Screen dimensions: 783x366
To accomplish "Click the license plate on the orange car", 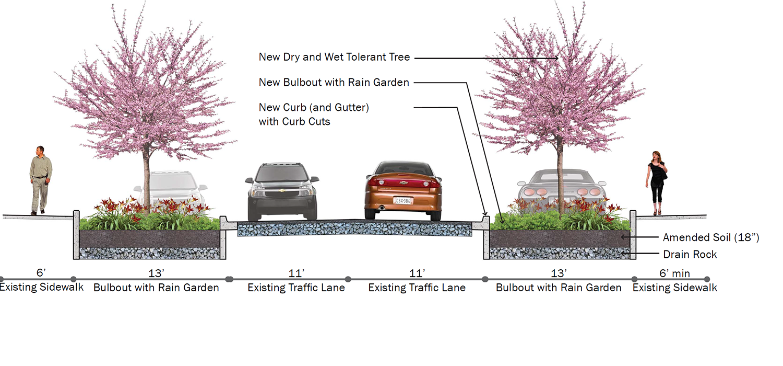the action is (404, 201).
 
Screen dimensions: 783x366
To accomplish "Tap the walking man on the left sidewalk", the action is (41, 180).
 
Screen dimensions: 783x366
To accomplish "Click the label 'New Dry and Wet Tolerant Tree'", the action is (334, 57).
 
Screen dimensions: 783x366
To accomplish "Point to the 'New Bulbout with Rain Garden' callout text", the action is (334, 82).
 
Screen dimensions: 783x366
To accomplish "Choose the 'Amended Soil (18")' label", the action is (711, 237).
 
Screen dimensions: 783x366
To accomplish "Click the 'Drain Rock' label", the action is (690, 254).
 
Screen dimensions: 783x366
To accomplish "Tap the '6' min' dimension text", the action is (674, 273).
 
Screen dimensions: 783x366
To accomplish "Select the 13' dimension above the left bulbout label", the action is (156, 273).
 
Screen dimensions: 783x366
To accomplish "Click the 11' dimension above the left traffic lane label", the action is (296, 273).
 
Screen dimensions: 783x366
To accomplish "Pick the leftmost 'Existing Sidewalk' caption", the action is (42, 287).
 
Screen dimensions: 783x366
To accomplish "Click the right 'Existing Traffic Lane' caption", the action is (417, 288).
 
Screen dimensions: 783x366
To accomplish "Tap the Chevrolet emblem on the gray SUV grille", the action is (282, 190).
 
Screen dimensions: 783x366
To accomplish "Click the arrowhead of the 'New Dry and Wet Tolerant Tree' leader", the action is (556, 58).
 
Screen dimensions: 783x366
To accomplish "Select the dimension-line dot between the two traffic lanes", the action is (348, 279).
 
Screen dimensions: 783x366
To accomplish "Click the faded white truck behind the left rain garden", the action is (171, 189).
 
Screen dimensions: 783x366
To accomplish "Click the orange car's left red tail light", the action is (377, 182).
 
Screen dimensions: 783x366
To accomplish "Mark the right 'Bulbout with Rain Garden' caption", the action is (559, 288).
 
